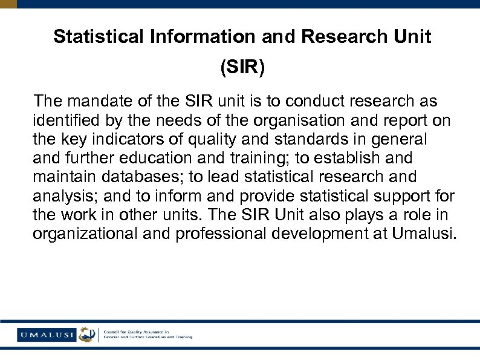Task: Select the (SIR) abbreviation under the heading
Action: click(x=242, y=67)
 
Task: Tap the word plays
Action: click(x=349, y=215)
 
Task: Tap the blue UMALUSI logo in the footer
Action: click(x=47, y=334)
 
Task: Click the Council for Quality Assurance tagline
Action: click(x=148, y=334)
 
